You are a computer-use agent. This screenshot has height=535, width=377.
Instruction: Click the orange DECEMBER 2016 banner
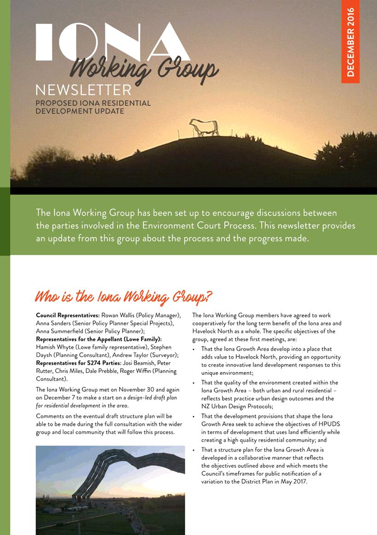[x=350, y=42]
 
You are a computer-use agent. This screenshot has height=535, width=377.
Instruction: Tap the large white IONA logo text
[x=113, y=42]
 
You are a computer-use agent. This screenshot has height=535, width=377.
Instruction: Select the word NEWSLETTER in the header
[x=83, y=89]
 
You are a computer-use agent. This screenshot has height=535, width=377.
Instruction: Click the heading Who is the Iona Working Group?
[x=124, y=296]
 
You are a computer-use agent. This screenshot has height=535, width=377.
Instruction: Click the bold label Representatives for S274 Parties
[x=77, y=363]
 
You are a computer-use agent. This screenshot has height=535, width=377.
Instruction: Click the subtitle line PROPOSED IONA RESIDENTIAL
[x=93, y=103]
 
